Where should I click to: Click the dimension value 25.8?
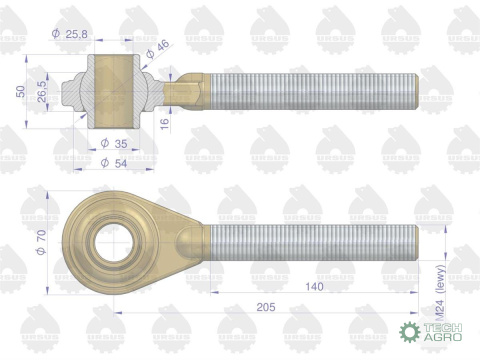click(x=76, y=34)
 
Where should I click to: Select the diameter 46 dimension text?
click(x=158, y=49)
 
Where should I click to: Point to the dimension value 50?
click(x=21, y=91)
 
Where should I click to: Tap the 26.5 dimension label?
click(x=42, y=91)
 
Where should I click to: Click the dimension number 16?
click(x=165, y=124)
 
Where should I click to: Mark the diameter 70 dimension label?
click(x=41, y=242)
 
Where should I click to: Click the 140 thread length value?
click(x=314, y=286)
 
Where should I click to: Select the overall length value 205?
click(x=266, y=307)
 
